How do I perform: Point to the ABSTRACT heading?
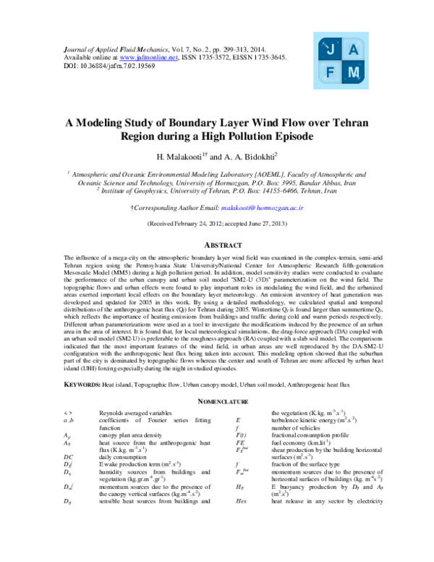click(217, 244)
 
